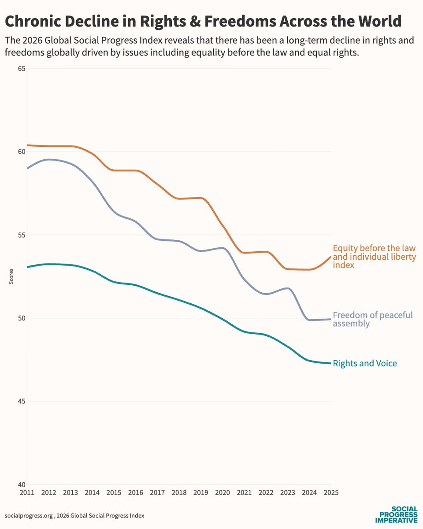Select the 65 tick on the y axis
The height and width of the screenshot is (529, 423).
(21, 69)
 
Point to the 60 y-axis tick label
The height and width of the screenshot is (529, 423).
(21, 152)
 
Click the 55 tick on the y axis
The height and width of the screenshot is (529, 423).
(21, 235)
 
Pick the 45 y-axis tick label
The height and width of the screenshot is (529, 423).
(21, 401)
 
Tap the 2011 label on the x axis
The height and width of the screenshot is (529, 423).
(27, 492)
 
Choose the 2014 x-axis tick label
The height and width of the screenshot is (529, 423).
(92, 492)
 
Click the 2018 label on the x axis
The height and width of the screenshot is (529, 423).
(179, 492)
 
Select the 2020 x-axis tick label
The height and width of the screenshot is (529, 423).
(222, 492)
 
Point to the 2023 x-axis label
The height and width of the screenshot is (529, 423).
(287, 492)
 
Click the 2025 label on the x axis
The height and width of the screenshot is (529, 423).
(330, 492)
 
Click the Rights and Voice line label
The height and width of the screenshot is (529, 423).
(365, 364)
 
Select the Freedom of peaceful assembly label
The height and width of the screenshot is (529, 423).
(372, 319)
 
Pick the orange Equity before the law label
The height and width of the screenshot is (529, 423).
(374, 257)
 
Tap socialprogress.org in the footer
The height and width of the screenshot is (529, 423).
(26, 515)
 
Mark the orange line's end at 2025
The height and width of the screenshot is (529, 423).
(330, 257)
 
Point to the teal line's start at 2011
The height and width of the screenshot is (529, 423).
(28, 267)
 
